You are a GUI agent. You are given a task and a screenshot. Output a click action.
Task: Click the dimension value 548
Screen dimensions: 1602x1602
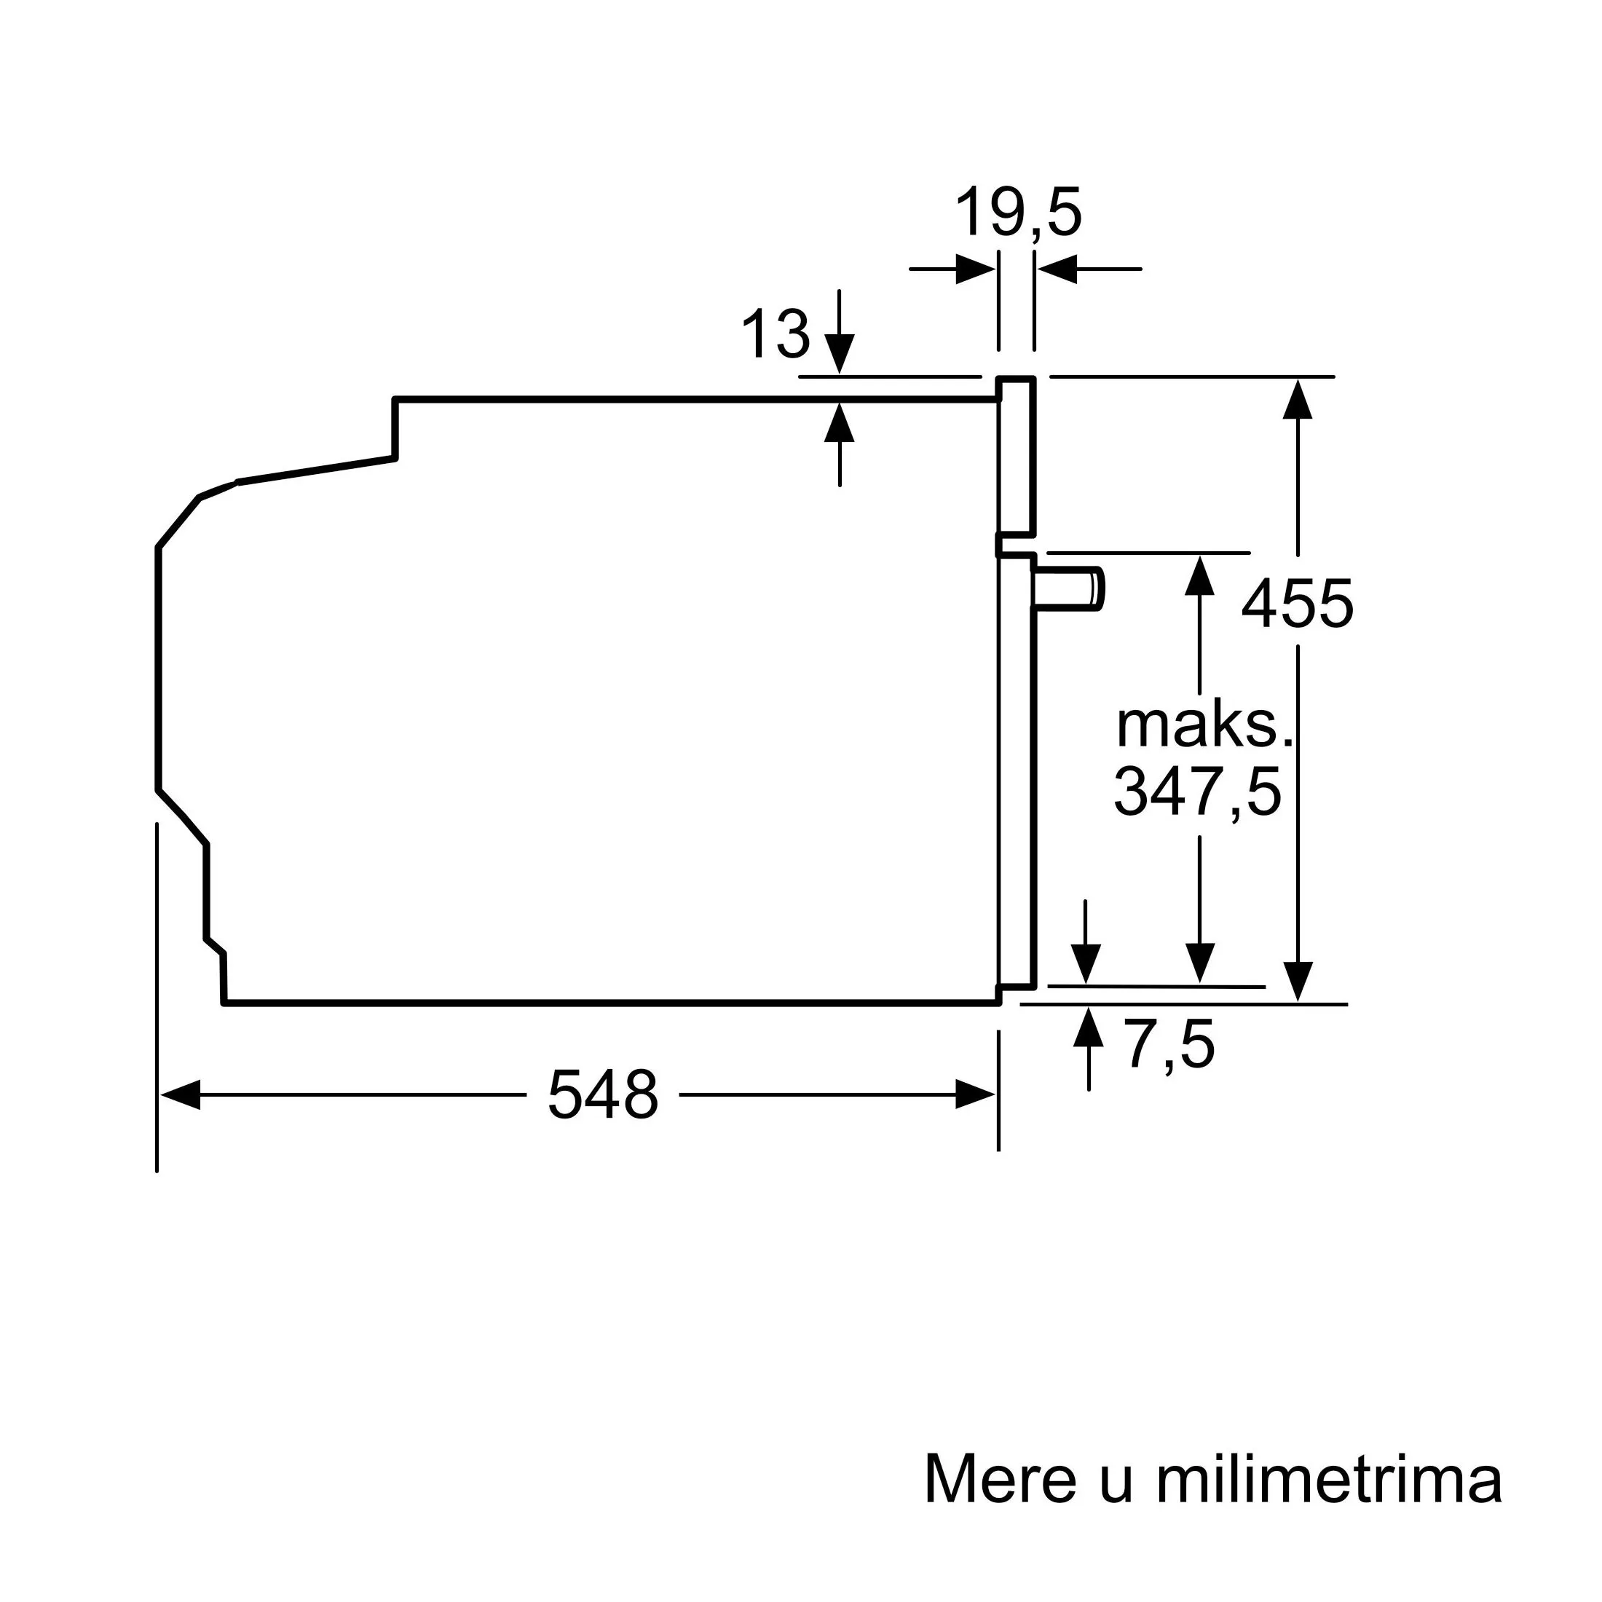603,1094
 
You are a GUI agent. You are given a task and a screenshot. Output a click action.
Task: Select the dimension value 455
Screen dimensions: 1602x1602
1297,604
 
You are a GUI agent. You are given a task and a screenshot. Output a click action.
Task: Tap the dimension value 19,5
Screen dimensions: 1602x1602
1018,214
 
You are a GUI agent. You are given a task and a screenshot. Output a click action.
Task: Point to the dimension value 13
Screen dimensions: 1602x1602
776,334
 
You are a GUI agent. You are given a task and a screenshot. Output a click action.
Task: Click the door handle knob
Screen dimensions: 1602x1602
1069,590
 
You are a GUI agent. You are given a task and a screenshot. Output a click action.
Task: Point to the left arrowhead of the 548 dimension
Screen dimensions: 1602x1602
180,1094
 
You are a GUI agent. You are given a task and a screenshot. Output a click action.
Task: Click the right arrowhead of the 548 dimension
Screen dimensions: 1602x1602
975,1094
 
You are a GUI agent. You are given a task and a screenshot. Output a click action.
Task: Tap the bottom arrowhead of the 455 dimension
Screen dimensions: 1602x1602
1298,981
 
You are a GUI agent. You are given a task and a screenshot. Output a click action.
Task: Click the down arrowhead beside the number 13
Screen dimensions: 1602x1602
840,354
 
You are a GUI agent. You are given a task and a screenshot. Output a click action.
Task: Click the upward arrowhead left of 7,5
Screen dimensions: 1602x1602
1089,1027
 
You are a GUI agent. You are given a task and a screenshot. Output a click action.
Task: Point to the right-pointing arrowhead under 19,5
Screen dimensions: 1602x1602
975,269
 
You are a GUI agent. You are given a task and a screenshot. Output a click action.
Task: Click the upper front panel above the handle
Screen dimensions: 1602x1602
1017,456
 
